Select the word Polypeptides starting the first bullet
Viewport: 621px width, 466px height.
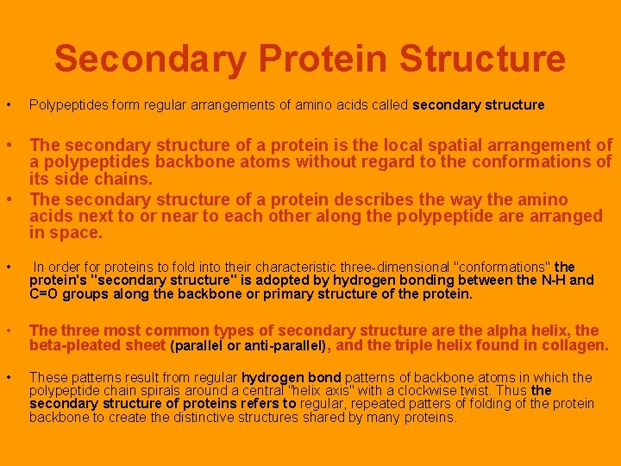66,105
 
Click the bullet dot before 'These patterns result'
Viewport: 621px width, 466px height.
9,378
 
